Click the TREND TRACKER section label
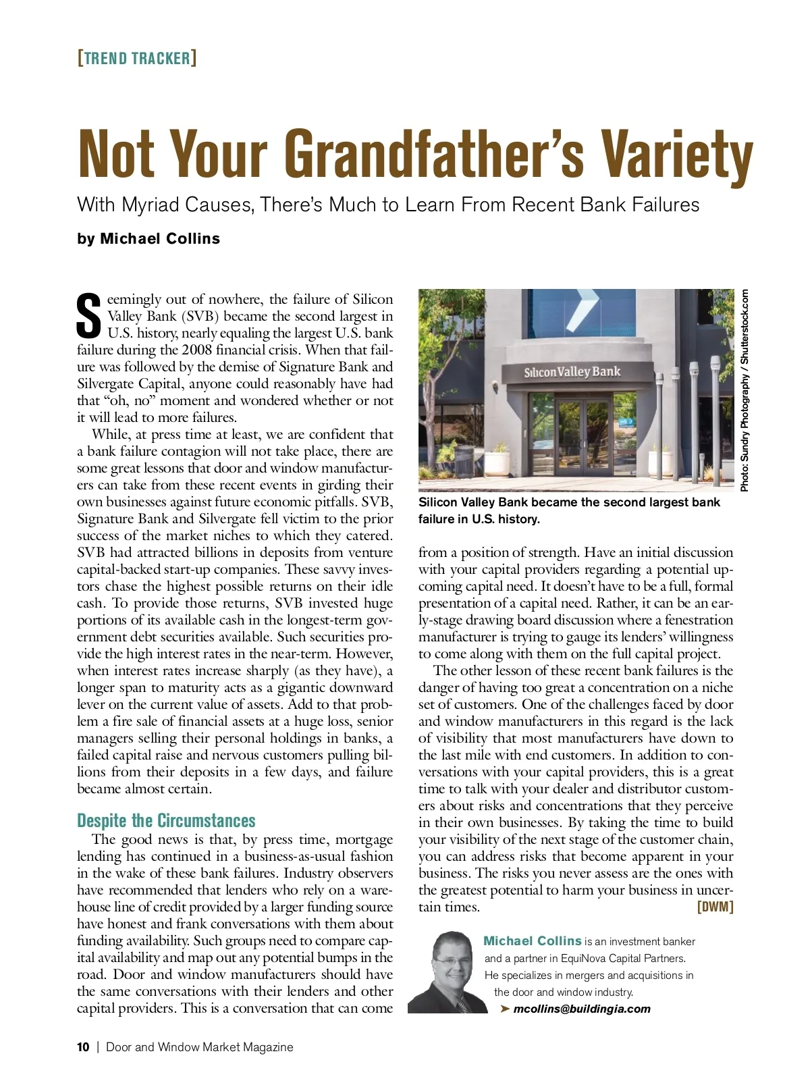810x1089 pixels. pos(137,58)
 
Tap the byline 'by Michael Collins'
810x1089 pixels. pos(148,239)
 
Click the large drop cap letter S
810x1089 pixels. pos(90,316)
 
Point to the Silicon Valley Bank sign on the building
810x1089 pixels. pos(572,372)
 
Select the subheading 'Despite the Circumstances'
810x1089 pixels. pos(166,820)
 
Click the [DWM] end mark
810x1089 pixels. pos(715,906)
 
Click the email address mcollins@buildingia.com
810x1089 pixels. pos(582,1009)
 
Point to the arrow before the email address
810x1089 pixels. pos(504,1009)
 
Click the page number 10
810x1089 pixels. pos(83,1047)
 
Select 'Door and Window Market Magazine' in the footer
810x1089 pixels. pos(200,1047)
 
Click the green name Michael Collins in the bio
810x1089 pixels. pos(533,941)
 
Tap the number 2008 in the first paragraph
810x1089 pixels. pos(198,350)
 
